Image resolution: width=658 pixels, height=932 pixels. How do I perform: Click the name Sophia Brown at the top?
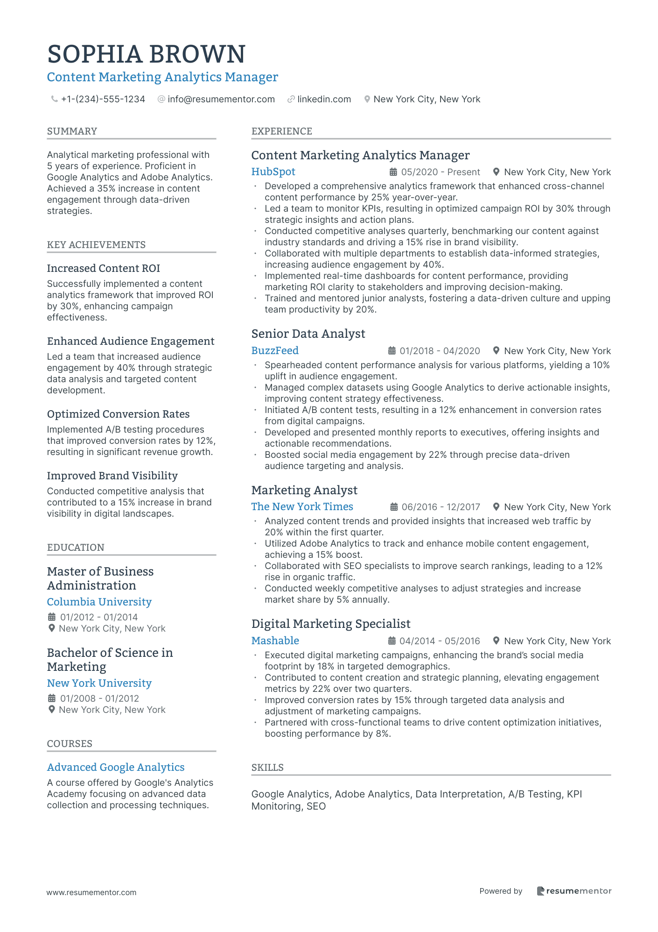click(x=146, y=54)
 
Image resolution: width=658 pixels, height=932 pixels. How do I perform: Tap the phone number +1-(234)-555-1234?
click(x=103, y=99)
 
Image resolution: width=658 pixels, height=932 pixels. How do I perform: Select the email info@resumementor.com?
click(x=221, y=99)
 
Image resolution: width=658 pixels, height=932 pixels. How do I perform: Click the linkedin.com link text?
click(x=324, y=99)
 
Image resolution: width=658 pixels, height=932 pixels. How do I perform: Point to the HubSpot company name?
click(x=273, y=172)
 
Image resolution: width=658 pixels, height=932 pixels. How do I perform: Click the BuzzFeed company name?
click(x=275, y=350)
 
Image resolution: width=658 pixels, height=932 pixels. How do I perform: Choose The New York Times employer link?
click(x=302, y=506)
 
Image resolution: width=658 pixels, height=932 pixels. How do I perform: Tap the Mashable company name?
click(x=275, y=640)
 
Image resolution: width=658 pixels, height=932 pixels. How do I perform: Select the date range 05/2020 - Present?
click(x=440, y=172)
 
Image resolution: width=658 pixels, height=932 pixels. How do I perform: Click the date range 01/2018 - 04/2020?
click(x=440, y=351)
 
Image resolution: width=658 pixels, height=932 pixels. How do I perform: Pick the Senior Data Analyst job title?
click(x=308, y=334)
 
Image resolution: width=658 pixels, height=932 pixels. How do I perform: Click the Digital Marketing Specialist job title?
click(x=331, y=624)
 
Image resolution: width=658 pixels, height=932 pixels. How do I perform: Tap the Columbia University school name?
click(x=99, y=602)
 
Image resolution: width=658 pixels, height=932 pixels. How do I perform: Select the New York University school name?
click(x=99, y=683)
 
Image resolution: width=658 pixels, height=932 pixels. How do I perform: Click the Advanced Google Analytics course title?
click(x=116, y=767)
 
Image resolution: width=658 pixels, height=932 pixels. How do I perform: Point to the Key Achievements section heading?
click(x=96, y=245)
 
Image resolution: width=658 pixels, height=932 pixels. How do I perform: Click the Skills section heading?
click(x=267, y=768)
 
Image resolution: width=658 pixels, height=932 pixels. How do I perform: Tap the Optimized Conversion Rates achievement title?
click(x=118, y=414)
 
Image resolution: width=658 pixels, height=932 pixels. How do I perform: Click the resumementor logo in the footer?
click(x=574, y=891)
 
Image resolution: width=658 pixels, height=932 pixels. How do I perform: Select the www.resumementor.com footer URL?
click(x=91, y=892)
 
